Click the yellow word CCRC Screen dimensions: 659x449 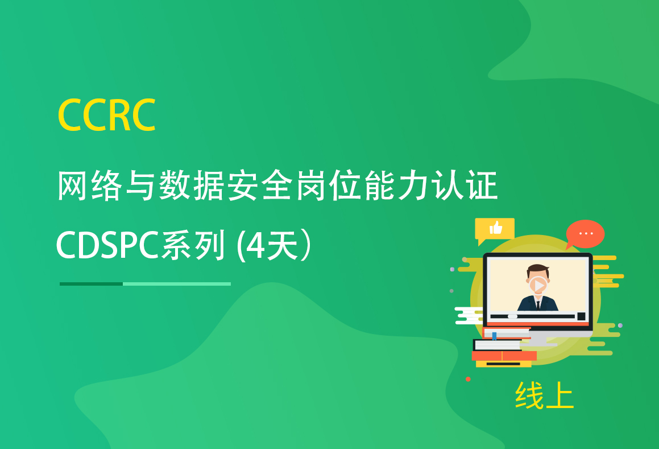[107, 114]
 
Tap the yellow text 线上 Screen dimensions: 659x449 [544, 395]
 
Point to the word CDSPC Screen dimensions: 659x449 [107, 245]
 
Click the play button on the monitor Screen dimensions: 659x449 [538, 286]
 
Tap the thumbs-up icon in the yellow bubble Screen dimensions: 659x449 [496, 228]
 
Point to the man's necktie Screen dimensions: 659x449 [538, 304]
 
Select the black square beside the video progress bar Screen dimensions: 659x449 [581, 316]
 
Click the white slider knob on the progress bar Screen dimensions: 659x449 [512, 316]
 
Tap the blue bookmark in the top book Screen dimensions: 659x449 [494, 336]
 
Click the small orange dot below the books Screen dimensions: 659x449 [468, 379]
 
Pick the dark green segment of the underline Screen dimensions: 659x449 [91, 284]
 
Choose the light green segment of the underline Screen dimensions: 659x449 [177, 284]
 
